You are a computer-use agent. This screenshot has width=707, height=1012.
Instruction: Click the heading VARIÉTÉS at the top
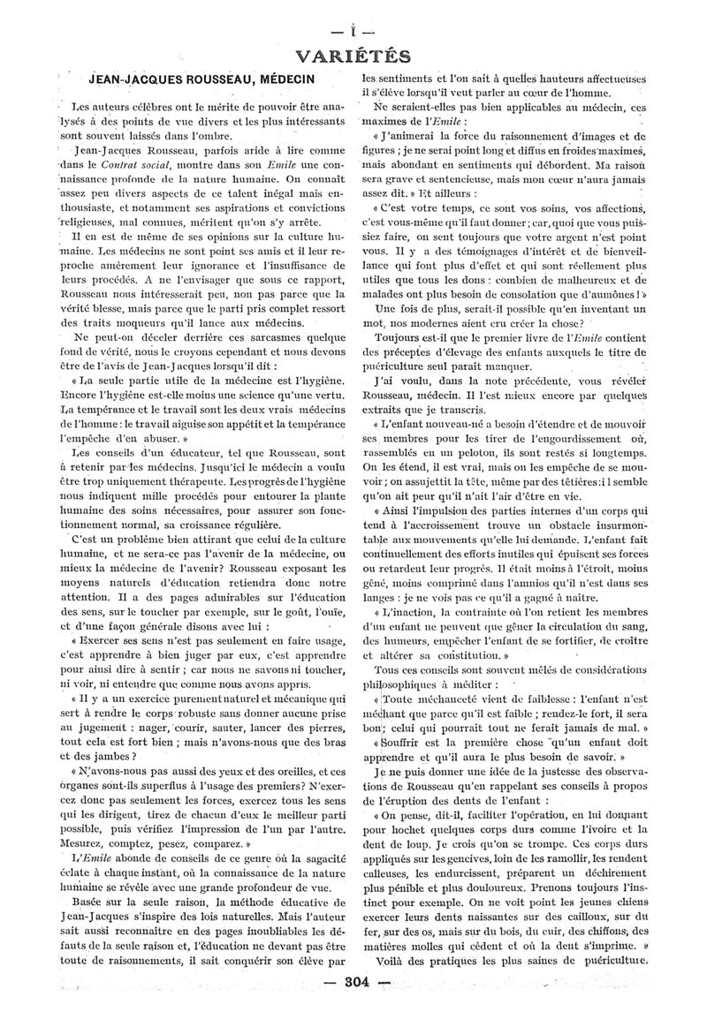click(353, 57)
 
